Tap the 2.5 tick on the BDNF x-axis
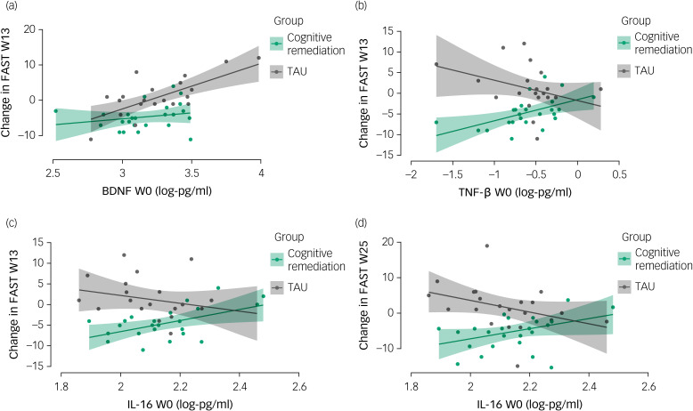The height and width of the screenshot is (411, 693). (53, 173)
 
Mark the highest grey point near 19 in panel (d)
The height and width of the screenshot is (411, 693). (486, 246)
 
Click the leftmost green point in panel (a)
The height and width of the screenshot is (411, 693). (55, 111)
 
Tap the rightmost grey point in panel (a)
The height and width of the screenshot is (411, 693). (259, 58)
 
